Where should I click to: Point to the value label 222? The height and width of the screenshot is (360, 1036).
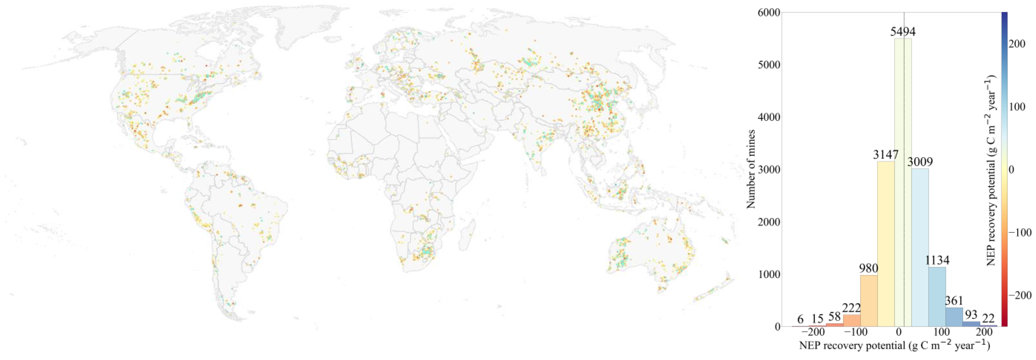(x=851, y=308)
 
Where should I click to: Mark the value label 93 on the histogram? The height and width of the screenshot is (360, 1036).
(x=971, y=315)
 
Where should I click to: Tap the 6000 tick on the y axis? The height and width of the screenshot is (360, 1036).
(x=769, y=13)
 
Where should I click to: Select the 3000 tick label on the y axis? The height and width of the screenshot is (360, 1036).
(x=769, y=170)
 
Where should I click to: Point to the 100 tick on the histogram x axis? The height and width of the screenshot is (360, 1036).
(x=942, y=333)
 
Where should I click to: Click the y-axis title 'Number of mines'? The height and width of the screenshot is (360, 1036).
(x=750, y=169)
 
